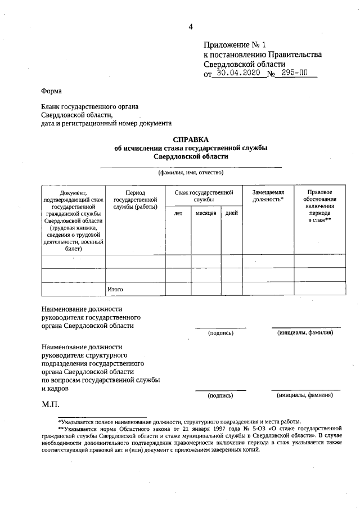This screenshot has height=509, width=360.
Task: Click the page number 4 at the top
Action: click(191, 26)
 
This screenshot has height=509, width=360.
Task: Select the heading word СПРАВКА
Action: click(191, 139)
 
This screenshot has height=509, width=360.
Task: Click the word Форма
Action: click(52, 91)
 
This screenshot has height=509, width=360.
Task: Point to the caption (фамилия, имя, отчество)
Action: click(191, 172)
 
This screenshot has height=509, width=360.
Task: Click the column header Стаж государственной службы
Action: click(204, 196)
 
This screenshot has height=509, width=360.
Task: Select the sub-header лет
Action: click(178, 213)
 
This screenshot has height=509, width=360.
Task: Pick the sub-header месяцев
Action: click(206, 213)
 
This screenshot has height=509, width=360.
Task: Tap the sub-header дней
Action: click(231, 213)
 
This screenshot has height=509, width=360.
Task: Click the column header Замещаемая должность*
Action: click(268, 196)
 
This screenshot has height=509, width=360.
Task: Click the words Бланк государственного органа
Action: click(90, 106)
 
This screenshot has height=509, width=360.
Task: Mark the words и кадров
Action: click(55, 388)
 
